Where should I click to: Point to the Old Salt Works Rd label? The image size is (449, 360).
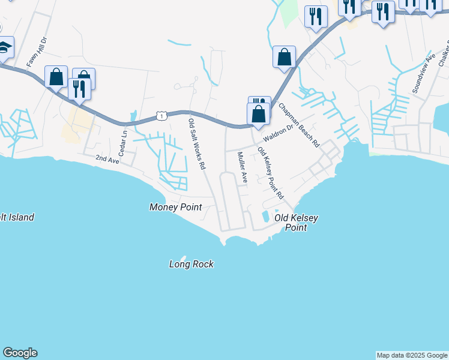(x=197, y=143)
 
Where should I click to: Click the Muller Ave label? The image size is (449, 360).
(x=242, y=167)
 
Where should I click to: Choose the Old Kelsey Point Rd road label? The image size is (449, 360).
(x=270, y=173)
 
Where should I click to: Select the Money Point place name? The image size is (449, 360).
(x=175, y=207)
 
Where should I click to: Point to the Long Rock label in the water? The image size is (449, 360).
(x=191, y=264)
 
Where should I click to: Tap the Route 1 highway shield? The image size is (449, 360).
(x=161, y=115)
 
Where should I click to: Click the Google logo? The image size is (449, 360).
(x=20, y=353)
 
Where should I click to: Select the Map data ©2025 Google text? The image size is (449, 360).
(x=412, y=355)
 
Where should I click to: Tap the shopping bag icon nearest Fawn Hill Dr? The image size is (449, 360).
(x=56, y=77)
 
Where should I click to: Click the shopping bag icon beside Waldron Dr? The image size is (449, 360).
(x=258, y=113)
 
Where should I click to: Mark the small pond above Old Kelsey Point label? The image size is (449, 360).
(x=265, y=216)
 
